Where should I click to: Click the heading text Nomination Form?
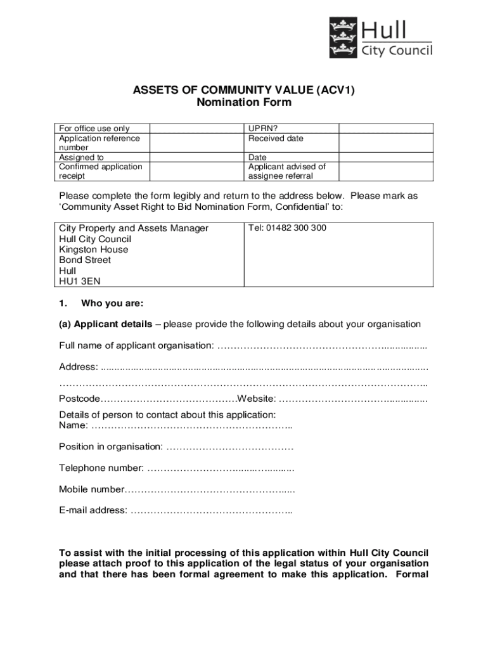[243, 103]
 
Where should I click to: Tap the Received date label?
[276, 138]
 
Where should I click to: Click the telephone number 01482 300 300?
[287, 228]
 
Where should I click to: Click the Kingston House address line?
[93, 250]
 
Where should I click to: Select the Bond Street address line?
[85, 260]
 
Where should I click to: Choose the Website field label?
[257, 399]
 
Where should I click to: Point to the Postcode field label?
[79, 399]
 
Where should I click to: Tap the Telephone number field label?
[101, 468]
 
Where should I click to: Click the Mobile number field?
[209, 489]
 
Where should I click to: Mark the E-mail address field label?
[93, 510]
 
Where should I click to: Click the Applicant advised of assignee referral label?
[286, 171]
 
